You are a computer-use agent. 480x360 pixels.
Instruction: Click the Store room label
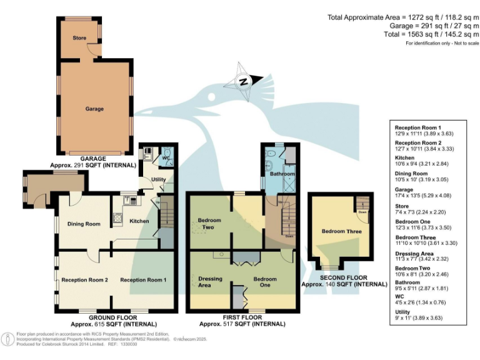point(79,38)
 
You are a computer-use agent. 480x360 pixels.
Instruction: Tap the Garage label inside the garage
point(94,109)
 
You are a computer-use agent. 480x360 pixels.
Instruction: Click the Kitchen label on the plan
point(139,221)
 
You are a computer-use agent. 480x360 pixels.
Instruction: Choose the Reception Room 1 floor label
point(143,280)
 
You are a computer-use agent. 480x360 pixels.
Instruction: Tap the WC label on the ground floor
point(166,158)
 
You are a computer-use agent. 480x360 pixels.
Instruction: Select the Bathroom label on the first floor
point(282,174)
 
